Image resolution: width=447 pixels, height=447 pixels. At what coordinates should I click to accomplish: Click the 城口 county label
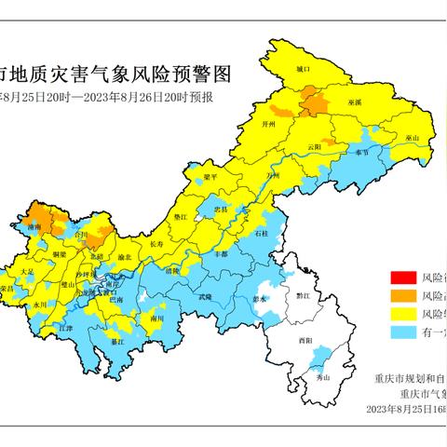pyautogui.click(x=302, y=69)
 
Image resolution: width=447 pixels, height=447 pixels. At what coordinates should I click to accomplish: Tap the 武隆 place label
pyautogui.click(x=204, y=296)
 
